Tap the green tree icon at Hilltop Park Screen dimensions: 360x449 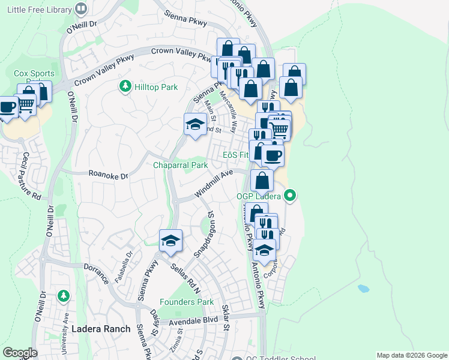pos(125,87)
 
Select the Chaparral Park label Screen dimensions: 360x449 pos(180,165)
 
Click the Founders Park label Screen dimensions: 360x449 pos(187,302)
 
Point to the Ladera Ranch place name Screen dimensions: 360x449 pos(101,329)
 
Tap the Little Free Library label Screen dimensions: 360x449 pos(37,9)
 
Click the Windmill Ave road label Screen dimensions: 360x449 pos(213,184)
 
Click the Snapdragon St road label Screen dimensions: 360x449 pos(204,234)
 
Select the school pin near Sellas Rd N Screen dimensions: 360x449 pos(171,241)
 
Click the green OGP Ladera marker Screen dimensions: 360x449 pos(290,195)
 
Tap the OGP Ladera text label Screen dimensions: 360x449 pos(258,196)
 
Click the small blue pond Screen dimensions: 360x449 pos(363,288)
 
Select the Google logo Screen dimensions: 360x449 pos(20,353)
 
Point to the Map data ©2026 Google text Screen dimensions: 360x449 pos(411,355)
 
